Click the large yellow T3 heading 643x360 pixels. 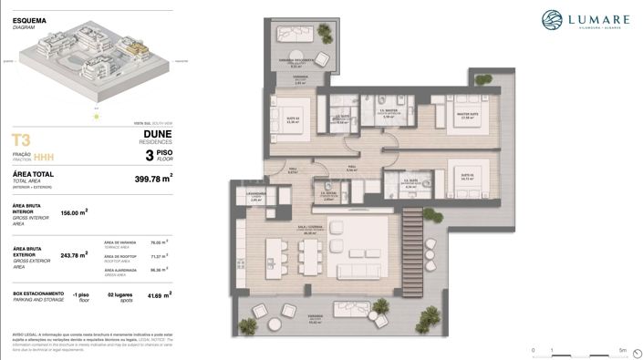(22, 139)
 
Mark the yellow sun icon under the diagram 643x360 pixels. (95, 116)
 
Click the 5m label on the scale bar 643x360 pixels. (621, 350)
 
